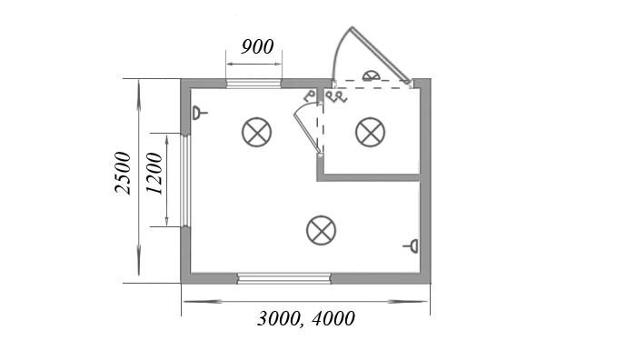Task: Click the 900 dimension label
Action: [257, 46]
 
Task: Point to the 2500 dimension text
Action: [123, 173]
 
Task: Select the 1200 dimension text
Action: [154, 174]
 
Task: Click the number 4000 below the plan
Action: [333, 318]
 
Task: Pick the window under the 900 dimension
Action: [253, 84]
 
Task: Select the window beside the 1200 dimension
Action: [185, 180]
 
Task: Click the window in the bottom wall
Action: [283, 278]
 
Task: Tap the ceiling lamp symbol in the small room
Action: [370, 133]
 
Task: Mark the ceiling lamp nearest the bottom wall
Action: [322, 231]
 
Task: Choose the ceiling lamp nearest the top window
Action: [256, 133]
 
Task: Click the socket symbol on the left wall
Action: [199, 113]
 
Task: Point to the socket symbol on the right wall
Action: [412, 246]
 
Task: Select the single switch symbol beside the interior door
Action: [310, 95]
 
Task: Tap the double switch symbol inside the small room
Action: [337, 96]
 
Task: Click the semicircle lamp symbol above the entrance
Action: [371, 75]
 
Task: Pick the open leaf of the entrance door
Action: [380, 54]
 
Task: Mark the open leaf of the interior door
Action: [307, 133]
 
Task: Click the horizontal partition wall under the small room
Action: [368, 177]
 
